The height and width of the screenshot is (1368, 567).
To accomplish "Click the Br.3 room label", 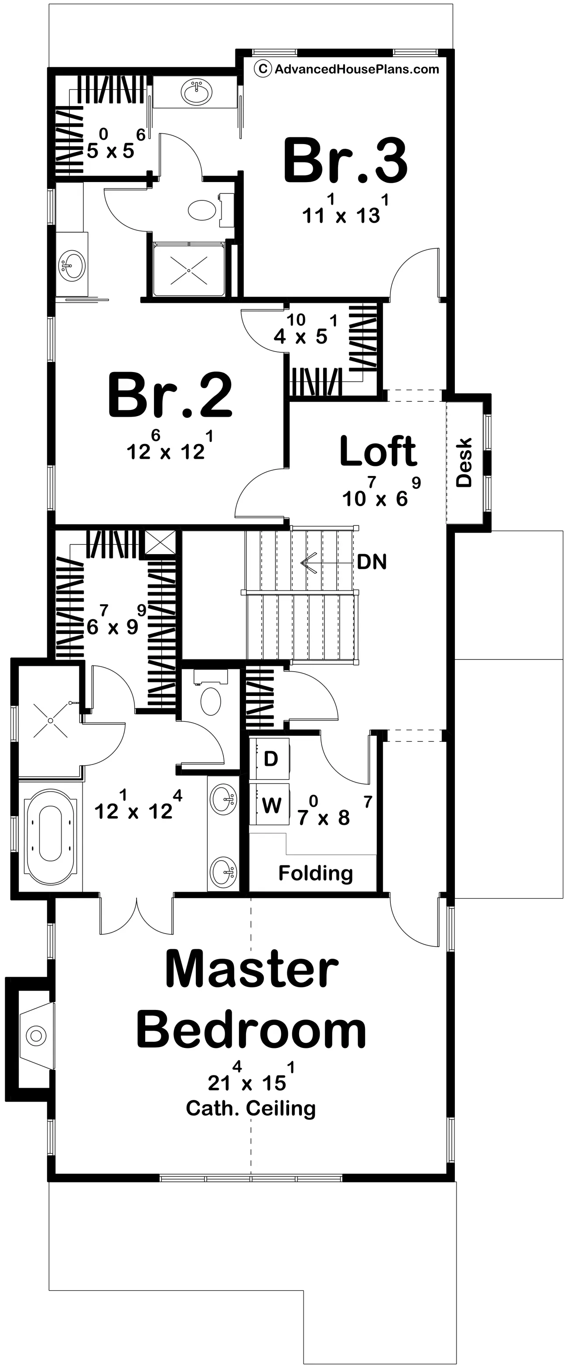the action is (x=345, y=160).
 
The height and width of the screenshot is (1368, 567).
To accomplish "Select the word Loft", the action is (x=378, y=451).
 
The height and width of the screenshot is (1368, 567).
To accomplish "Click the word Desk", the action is (x=464, y=462).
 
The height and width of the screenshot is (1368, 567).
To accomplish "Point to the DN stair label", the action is (x=371, y=562).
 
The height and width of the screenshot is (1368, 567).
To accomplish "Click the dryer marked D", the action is (x=270, y=758).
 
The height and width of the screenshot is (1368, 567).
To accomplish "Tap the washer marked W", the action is (x=270, y=804).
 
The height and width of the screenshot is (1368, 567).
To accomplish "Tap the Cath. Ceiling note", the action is (x=250, y=1108).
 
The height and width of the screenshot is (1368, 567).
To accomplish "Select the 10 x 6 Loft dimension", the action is (x=381, y=492).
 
